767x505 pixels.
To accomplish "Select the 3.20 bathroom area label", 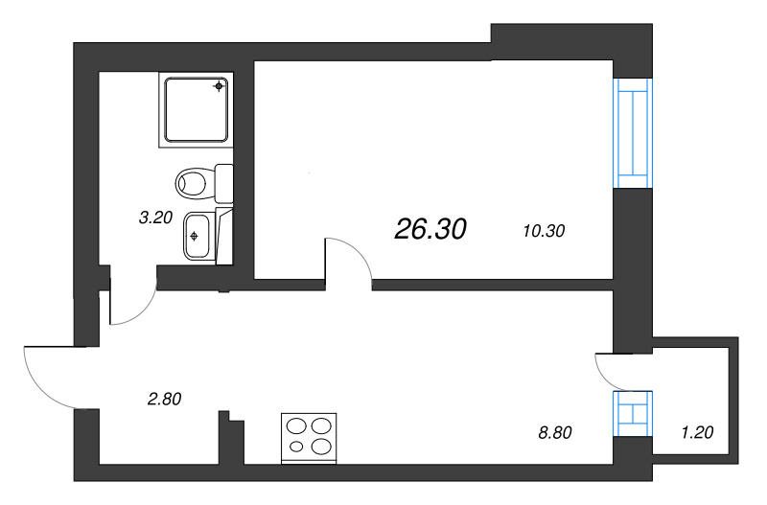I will click(x=155, y=218).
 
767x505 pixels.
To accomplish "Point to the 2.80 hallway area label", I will click(x=165, y=399).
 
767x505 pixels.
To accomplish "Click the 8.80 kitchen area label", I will click(x=555, y=432).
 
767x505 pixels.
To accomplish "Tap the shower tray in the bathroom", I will click(x=197, y=110).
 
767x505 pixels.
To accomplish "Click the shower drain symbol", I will click(x=220, y=87).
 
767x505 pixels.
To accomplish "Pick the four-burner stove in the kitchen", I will click(x=309, y=437).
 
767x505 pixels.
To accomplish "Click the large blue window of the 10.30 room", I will click(x=632, y=132).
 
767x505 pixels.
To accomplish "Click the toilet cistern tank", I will click(x=225, y=181).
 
